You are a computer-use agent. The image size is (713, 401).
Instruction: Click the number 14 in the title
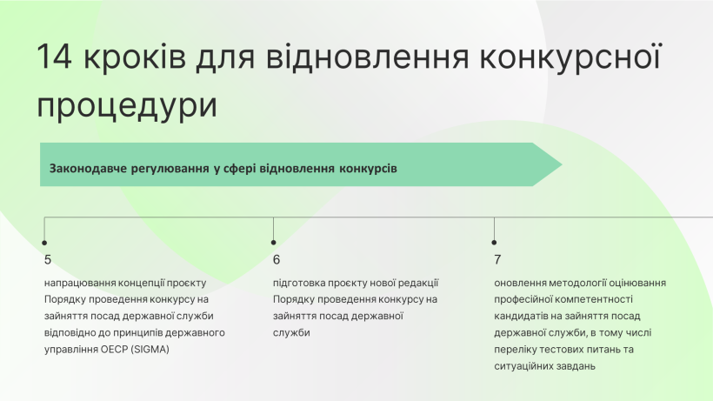click(55, 57)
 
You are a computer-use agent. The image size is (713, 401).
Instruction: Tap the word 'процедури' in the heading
click(127, 105)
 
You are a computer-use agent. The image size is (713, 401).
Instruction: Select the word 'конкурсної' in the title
click(570, 57)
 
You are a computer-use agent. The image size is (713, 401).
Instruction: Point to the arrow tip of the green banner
click(562, 164)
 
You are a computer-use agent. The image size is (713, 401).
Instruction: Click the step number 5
click(48, 259)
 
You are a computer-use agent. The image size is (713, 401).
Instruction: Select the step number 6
click(277, 259)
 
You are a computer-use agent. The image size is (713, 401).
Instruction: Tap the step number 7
click(497, 259)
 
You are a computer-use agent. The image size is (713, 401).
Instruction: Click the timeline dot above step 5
click(44, 243)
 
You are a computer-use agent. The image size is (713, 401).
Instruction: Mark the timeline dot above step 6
click(273, 243)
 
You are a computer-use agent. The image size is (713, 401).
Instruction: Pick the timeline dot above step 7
click(494, 243)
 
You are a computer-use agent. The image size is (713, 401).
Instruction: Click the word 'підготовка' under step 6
click(299, 284)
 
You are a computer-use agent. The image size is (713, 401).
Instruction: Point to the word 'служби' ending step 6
click(291, 333)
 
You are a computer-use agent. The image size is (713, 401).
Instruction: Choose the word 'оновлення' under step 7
click(520, 284)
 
